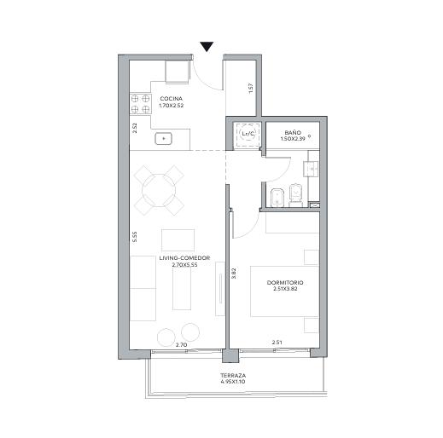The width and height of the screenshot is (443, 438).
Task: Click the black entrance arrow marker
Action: (207, 47)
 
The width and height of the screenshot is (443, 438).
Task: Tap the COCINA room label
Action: (172, 99)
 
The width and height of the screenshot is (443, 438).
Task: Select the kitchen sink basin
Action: (164, 139)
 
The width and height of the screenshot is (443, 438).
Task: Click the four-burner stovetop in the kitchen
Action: (140, 104)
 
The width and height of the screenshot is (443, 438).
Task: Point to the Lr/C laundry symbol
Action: (248, 134)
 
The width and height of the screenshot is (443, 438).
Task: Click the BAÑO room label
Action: (293, 133)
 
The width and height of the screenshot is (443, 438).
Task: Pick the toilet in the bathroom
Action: (295, 195)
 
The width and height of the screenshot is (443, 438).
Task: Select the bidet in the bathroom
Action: (277, 198)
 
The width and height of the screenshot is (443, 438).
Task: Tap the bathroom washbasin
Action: (312, 170)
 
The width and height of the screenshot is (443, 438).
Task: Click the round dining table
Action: (159, 190)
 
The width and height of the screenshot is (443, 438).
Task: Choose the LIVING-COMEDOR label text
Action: (184, 258)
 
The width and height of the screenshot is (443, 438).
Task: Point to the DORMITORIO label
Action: (285, 283)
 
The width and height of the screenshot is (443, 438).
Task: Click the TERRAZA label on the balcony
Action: (233, 376)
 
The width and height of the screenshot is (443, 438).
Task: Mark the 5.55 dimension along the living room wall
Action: (135, 237)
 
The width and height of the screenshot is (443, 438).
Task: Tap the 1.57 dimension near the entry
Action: (250, 89)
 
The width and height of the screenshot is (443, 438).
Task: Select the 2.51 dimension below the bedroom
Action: (277, 343)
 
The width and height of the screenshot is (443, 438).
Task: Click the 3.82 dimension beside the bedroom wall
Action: (233, 273)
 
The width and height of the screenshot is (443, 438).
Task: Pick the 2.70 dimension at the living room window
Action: (181, 345)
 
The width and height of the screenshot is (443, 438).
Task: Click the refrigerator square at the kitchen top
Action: (177, 72)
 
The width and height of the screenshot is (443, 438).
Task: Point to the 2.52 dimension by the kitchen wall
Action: (135, 128)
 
